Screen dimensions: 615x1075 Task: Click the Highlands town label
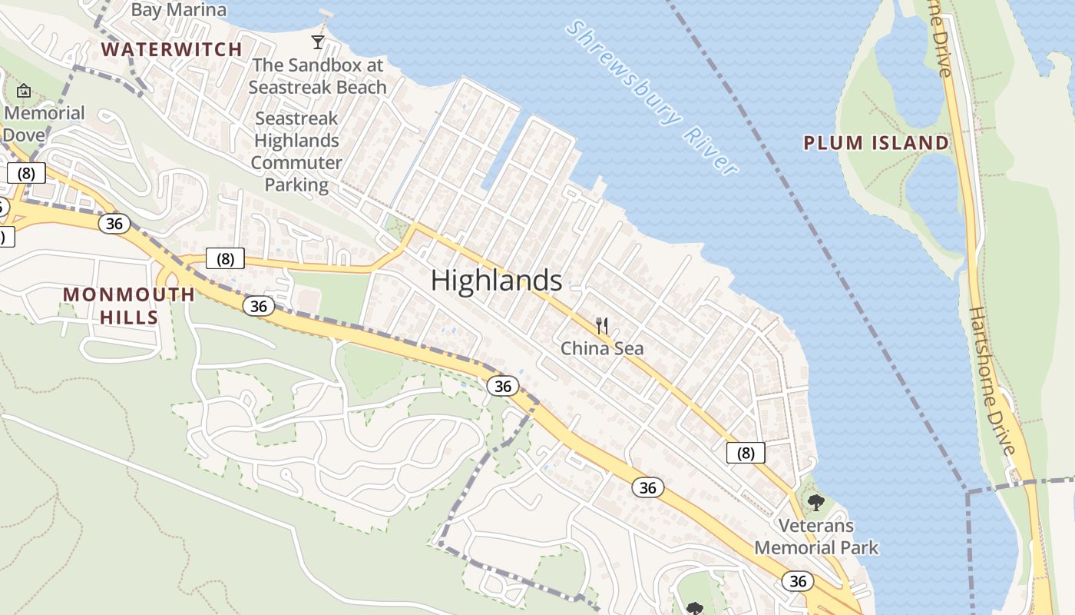point(496,281)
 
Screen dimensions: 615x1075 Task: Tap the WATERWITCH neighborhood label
point(172,49)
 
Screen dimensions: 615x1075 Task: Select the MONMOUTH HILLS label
point(129,305)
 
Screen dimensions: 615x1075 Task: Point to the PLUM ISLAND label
point(876,143)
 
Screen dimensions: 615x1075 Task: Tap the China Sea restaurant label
point(602,348)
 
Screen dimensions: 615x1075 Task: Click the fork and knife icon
point(602,326)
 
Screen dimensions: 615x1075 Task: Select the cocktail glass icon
point(318,42)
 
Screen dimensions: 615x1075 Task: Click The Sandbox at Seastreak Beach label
point(317,76)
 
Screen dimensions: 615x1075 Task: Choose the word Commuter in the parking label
point(296,163)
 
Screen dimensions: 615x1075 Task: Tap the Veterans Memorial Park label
point(816,537)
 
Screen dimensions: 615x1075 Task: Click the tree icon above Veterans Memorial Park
point(815,503)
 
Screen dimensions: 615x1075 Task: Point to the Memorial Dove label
point(45,124)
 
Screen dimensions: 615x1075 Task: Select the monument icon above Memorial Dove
point(24,91)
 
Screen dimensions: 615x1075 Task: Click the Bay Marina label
point(178,10)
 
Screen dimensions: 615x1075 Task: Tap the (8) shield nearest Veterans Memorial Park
point(746,453)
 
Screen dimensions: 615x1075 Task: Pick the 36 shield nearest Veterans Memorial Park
point(798,580)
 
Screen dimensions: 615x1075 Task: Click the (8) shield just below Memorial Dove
point(27,173)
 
